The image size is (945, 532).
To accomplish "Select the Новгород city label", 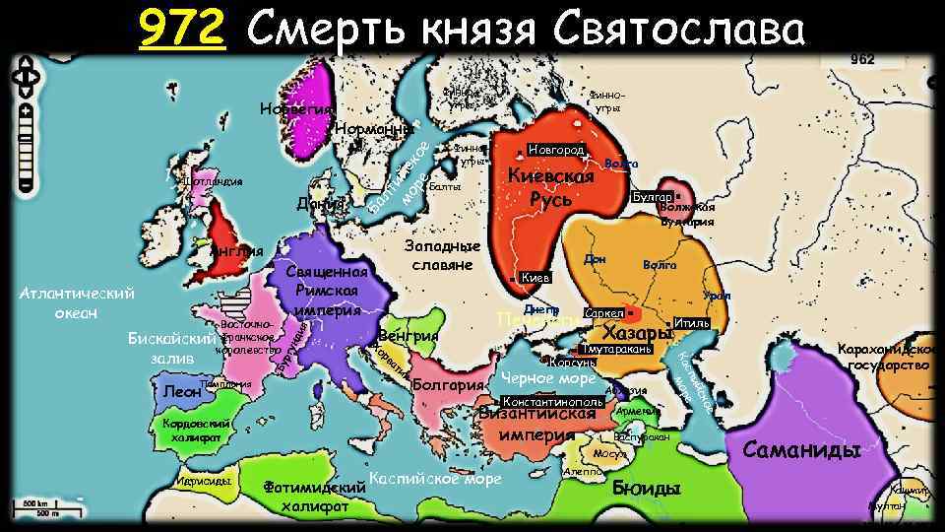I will (x=557, y=150).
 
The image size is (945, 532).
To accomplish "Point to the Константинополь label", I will (x=552, y=402).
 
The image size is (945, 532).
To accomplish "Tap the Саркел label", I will (x=601, y=313).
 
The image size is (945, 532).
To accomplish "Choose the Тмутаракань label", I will (x=617, y=349).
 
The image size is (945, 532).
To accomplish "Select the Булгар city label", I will (x=650, y=197).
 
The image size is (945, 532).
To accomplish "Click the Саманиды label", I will (x=801, y=450).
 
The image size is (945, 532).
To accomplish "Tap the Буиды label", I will (x=646, y=488).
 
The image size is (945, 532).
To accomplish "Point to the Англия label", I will (x=236, y=251).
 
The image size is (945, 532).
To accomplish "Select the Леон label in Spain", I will (x=182, y=391).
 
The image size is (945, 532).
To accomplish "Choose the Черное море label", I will (x=547, y=379).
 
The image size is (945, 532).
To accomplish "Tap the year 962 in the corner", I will (x=862, y=59).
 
